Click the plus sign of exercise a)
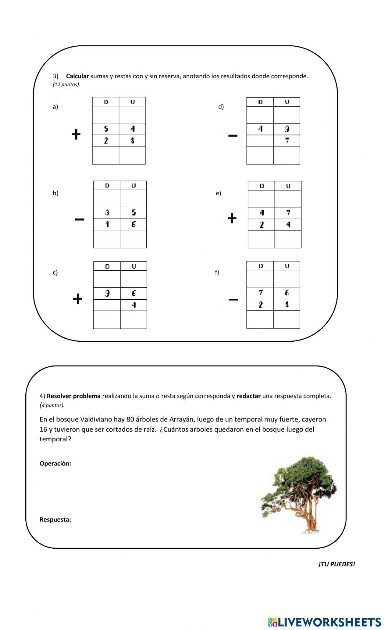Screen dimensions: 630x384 point(76,135)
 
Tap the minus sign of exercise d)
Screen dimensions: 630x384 point(233,135)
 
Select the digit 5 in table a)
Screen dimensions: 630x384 point(106,129)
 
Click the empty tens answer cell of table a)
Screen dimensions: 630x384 point(106,155)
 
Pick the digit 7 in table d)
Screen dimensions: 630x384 point(287,140)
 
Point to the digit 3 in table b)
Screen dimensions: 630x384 point(107,212)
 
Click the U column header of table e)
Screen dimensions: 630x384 point(288,186)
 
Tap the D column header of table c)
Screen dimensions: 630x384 point(107,266)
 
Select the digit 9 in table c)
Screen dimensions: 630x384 point(107,293)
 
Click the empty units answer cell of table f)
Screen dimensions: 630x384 point(286,319)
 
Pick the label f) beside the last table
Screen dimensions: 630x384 point(217,272)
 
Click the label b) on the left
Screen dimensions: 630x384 point(56,193)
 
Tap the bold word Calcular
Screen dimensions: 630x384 point(77,76)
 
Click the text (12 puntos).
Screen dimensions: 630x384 point(66,85)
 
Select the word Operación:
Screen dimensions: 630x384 point(55,463)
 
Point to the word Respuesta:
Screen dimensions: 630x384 point(55,520)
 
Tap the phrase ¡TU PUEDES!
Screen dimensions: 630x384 point(336,564)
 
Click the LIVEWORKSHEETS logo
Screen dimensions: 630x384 point(324,622)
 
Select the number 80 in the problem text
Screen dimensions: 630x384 point(130,419)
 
